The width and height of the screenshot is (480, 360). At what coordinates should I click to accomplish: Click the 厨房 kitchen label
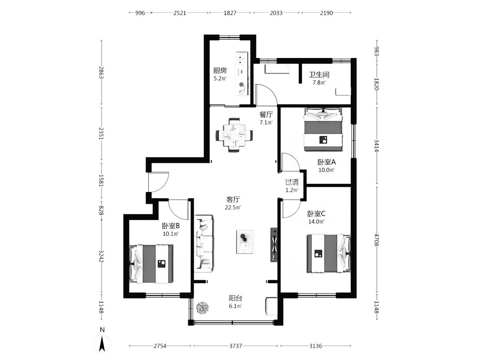[220, 70]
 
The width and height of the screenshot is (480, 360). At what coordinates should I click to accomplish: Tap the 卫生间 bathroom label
[319, 74]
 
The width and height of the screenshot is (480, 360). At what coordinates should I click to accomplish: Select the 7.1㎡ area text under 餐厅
[266, 122]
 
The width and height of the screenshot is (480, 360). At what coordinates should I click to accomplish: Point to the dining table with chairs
[235, 135]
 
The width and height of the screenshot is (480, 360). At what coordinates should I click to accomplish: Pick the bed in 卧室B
[151, 264]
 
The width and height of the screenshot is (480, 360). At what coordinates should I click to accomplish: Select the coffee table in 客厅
[244, 241]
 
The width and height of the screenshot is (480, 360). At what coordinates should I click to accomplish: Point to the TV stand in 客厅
[274, 244]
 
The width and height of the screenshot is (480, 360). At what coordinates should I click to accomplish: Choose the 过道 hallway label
[292, 182]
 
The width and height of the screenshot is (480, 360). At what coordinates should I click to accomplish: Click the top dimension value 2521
[180, 13]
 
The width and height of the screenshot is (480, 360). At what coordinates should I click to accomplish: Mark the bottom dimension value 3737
[236, 346]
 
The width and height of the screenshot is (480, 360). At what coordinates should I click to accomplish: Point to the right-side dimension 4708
[376, 240]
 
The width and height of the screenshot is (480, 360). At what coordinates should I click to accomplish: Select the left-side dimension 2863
[101, 72]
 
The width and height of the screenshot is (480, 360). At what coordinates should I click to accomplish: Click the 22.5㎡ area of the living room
[233, 207]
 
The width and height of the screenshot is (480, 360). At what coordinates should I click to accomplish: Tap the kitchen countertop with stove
[242, 74]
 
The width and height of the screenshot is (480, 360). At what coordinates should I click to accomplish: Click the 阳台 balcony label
[236, 298]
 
